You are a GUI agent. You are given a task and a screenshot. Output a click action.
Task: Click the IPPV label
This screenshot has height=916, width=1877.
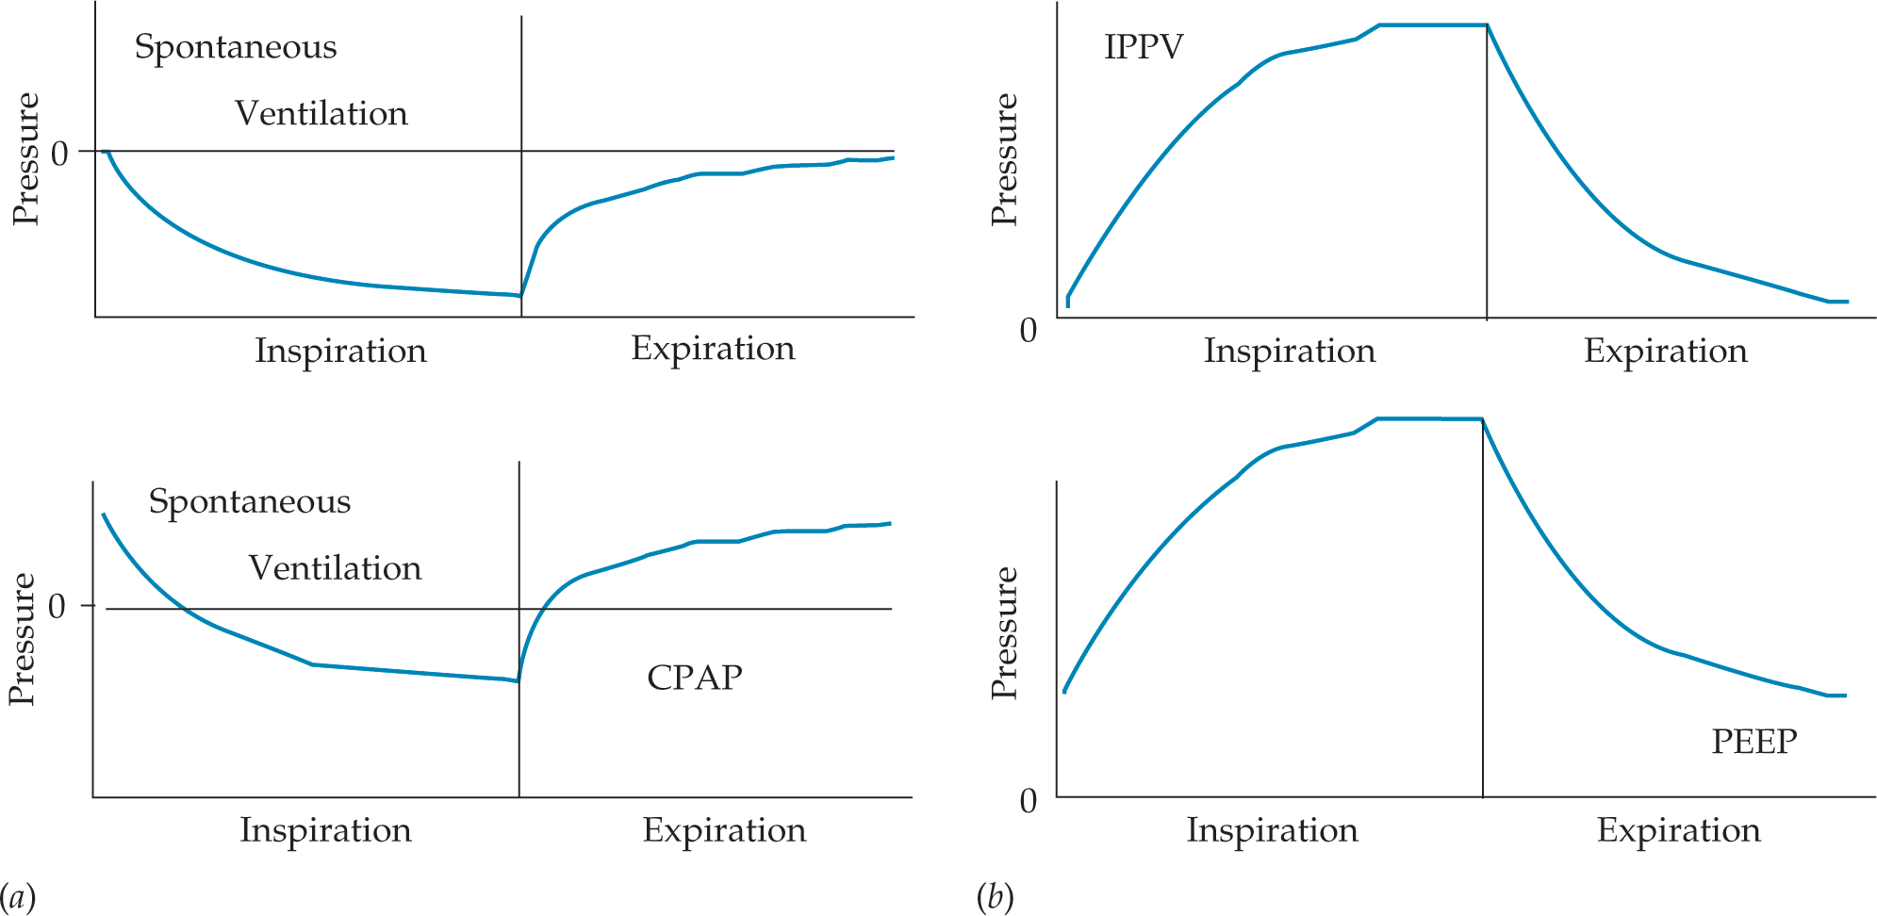click(1143, 47)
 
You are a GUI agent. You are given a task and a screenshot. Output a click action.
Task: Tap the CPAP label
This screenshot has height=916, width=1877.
click(695, 678)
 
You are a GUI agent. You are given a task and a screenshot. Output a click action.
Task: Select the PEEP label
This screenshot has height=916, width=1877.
click(1754, 742)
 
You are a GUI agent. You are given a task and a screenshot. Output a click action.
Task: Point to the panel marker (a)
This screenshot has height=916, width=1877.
click(17, 895)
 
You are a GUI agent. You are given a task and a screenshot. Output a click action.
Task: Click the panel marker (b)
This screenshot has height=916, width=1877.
click(995, 895)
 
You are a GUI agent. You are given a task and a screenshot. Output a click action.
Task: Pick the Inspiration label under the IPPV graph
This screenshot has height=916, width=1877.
click(1289, 351)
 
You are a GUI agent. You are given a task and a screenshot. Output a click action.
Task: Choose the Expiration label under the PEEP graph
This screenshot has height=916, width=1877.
click(1678, 830)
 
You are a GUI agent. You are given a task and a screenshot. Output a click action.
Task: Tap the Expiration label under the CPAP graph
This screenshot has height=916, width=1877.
click(724, 830)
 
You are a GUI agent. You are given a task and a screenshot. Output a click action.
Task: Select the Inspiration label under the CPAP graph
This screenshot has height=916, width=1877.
click(325, 830)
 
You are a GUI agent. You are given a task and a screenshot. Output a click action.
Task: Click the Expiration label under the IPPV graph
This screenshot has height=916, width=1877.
click(1665, 351)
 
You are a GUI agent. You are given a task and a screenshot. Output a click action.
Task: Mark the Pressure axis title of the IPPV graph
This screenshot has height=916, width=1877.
click(1005, 159)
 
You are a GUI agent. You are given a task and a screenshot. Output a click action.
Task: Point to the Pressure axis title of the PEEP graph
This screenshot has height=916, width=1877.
click(1005, 632)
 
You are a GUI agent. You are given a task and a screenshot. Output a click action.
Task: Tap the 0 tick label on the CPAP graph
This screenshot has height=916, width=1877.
click(57, 606)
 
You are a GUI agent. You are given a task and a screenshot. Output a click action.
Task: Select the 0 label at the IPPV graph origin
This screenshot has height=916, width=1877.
click(1029, 331)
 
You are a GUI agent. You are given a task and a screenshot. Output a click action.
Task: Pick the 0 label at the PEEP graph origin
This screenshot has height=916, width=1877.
click(1029, 801)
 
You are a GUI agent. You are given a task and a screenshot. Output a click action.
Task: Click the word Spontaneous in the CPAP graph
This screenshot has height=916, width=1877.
click(249, 501)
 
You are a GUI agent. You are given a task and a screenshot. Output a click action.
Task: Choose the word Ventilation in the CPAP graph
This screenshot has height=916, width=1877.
click(335, 568)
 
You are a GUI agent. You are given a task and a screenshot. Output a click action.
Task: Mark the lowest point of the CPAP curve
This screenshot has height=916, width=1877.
click(518, 680)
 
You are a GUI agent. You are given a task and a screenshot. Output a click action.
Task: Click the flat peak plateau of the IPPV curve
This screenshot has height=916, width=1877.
click(1433, 25)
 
